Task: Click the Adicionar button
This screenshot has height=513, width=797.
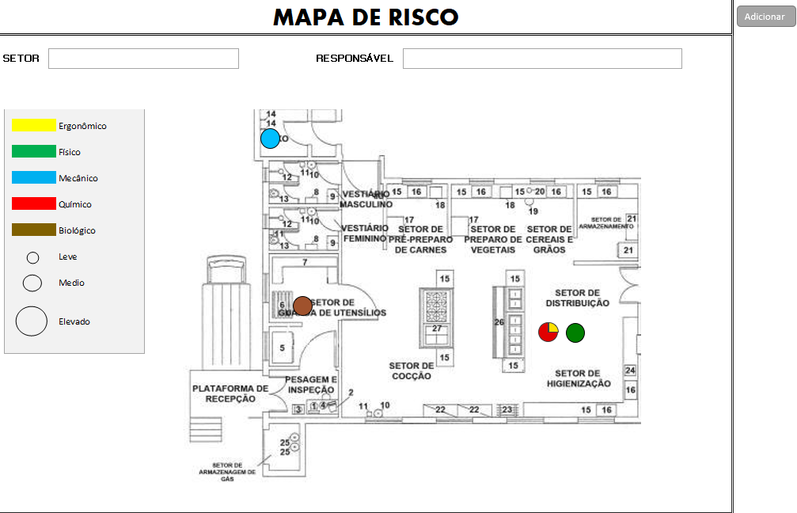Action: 765,17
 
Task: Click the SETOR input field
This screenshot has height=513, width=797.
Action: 143,59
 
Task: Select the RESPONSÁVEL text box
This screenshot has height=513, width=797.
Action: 542,59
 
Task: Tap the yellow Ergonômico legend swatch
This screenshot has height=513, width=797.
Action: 34,125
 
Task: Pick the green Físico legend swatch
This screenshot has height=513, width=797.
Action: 34,151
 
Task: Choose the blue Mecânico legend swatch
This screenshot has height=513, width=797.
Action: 34,177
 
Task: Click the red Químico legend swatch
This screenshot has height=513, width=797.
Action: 34,203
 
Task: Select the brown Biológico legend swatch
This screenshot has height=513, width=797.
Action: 34,230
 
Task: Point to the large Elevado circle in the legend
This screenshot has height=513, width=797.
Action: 32,321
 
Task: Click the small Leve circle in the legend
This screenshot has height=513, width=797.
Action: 33,257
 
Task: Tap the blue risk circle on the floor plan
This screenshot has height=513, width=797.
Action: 271,139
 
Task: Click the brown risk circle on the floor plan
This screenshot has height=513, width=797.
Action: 302,306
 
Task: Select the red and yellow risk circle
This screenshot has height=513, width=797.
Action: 548,332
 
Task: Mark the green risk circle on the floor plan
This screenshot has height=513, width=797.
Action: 575,332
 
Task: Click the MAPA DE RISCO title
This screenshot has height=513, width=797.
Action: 366,17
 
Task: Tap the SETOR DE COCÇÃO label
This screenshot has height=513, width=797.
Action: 411,370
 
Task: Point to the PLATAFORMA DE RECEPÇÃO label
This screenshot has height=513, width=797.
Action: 230,393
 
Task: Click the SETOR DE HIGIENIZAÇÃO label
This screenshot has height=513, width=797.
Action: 579,378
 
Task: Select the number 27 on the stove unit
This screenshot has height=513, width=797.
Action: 436,329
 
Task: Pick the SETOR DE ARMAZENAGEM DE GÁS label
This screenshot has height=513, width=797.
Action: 228,472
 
